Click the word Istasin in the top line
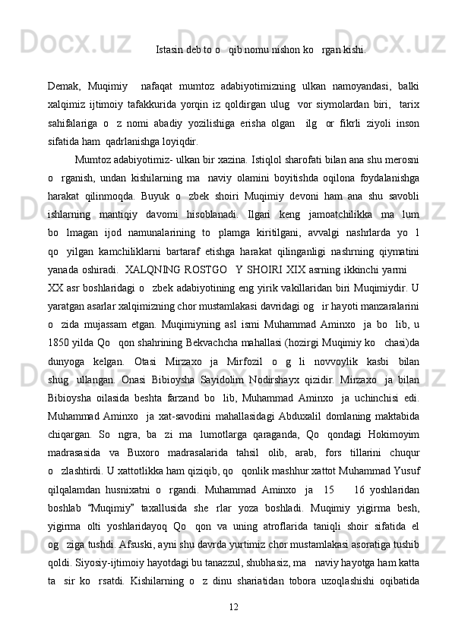[170, 51]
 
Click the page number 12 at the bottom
[233, 608]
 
